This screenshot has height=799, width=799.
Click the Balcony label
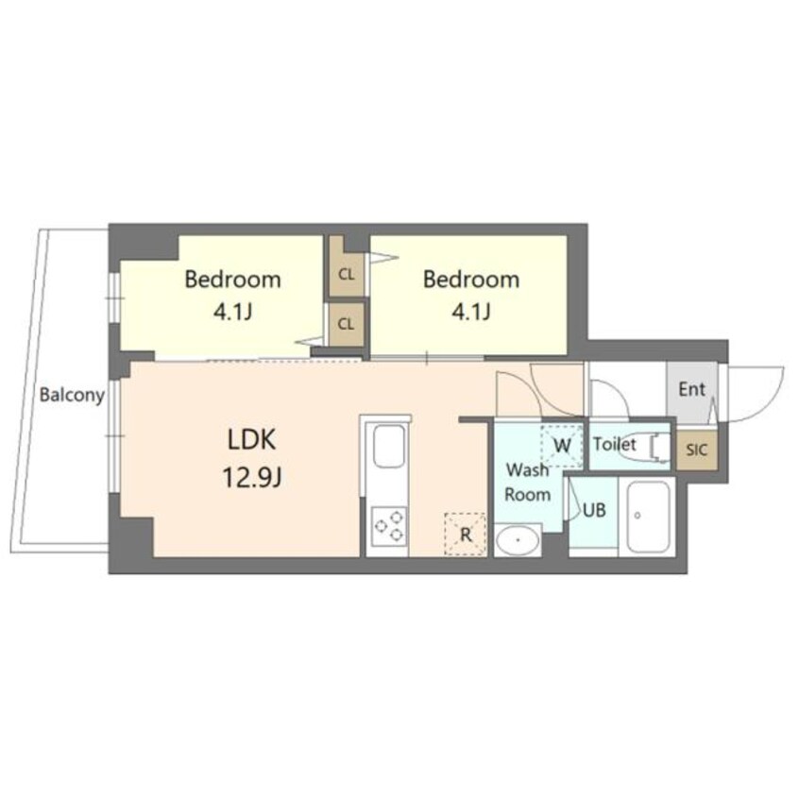pyautogui.click(x=72, y=396)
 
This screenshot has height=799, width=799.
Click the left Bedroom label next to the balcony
pyautogui.click(x=232, y=280)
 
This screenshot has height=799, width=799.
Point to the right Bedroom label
pyautogui.click(x=470, y=280)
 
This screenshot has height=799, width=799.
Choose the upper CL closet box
pyautogui.click(x=347, y=275)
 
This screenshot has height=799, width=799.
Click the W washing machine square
pyautogui.click(x=562, y=445)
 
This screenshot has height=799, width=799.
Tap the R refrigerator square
pyautogui.click(x=466, y=534)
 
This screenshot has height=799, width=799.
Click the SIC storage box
pyautogui.click(x=695, y=450)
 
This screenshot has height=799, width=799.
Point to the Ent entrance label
pyautogui.click(x=691, y=389)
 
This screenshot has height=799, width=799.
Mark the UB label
pyautogui.click(x=593, y=511)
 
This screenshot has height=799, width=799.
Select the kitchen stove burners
pyautogui.click(x=388, y=525)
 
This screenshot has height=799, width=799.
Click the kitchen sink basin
pyautogui.click(x=388, y=446)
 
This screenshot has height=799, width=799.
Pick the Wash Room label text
pyautogui.click(x=528, y=482)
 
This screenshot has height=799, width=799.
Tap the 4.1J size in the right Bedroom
pyautogui.click(x=470, y=312)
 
